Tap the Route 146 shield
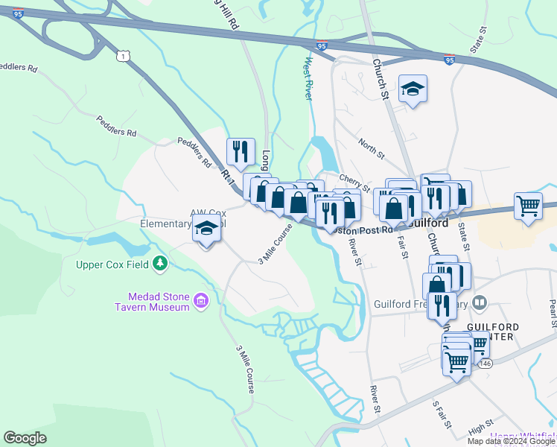point(486,363)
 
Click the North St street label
point(370,149)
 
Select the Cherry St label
point(354,181)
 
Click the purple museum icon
point(200,301)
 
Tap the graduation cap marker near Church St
point(413,89)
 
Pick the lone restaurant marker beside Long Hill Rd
point(241,152)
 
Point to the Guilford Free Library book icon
point(480,302)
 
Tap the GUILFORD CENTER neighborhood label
point(491,332)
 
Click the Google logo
point(25,438)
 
